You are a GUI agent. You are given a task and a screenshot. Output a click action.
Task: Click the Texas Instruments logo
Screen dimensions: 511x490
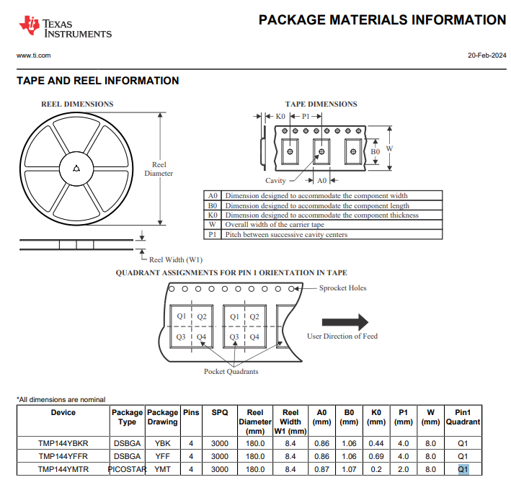65,26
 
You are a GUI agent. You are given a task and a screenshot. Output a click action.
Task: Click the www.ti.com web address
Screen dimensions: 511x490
34,55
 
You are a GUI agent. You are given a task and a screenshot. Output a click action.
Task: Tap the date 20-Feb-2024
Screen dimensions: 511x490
487,55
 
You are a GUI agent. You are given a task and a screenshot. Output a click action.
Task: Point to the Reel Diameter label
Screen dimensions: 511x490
159,169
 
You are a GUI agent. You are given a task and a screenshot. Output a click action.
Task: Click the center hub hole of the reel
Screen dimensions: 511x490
76,169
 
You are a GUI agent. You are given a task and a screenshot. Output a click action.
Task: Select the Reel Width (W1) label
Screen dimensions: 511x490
176,259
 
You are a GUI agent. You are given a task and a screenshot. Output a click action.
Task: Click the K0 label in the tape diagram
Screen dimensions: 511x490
280,116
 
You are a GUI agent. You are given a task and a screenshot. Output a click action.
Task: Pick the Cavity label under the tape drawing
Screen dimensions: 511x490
275,180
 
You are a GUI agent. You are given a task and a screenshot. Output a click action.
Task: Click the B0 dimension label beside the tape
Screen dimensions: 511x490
375,151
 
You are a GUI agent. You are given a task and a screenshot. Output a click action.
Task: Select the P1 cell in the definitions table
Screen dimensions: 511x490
213,235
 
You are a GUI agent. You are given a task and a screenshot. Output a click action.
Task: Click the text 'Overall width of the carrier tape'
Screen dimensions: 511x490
275,225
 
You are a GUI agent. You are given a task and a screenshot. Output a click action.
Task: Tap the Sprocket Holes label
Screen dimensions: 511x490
342,288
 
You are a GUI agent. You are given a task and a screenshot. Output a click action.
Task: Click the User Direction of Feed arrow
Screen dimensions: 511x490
345,322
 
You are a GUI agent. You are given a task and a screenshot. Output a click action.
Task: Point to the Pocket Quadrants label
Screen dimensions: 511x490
231,371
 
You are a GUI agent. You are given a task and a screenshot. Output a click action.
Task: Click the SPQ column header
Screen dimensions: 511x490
220,412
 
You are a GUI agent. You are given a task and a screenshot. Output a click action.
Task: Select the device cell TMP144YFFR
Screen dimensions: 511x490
63,456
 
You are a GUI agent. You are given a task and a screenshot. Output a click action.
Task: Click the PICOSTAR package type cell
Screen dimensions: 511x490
127,470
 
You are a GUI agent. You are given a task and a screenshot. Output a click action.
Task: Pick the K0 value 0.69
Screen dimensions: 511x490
376,456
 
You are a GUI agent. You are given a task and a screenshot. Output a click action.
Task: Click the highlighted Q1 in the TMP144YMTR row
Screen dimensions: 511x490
463,470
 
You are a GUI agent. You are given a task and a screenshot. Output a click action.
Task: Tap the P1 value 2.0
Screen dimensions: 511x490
403,470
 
